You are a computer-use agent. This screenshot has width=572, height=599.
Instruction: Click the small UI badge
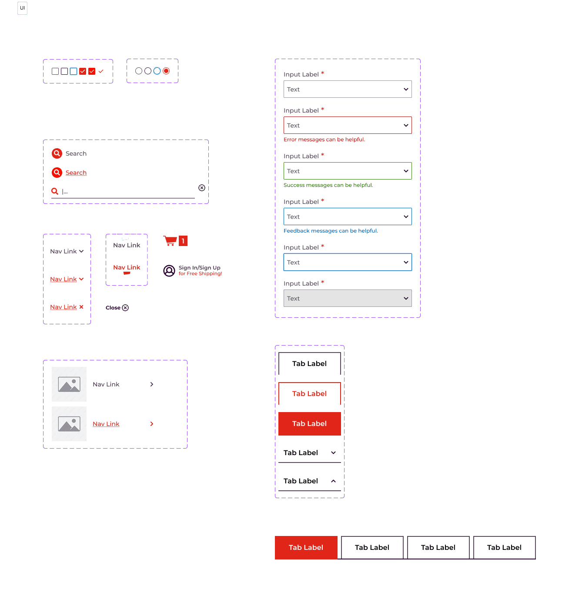(x=22, y=8)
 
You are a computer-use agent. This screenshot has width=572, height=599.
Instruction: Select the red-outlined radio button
(x=166, y=71)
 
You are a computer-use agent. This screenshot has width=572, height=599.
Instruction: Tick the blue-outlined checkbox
(x=74, y=71)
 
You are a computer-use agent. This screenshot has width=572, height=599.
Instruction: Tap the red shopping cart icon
(x=171, y=240)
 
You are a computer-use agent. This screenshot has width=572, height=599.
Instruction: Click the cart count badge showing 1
(x=183, y=241)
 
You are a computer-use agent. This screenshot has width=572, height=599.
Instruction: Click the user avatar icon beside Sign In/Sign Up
(x=169, y=271)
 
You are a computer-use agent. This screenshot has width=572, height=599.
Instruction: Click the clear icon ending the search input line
(x=202, y=188)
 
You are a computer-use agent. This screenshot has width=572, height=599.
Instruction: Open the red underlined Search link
(x=76, y=173)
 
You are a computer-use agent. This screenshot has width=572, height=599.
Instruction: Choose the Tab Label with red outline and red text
(x=309, y=394)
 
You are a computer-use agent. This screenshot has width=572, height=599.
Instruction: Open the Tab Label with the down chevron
(x=309, y=453)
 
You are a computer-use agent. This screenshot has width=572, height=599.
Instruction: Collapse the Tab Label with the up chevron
(x=309, y=481)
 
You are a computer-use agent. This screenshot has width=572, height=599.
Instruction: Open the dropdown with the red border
(x=348, y=125)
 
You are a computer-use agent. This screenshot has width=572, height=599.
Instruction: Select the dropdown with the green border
(x=348, y=171)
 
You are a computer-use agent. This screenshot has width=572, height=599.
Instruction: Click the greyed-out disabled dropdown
(x=348, y=298)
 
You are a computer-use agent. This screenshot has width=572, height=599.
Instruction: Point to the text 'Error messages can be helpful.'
(x=324, y=140)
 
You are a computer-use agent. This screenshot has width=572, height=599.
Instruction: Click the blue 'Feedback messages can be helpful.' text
(x=331, y=231)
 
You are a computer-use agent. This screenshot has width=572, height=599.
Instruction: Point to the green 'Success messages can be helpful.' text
(x=328, y=185)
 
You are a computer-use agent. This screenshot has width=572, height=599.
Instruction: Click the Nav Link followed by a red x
(x=64, y=307)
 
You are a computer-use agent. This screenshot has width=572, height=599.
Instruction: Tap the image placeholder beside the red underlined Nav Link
(x=69, y=424)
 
